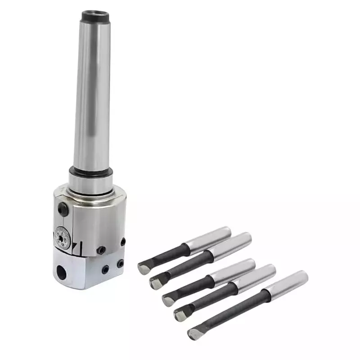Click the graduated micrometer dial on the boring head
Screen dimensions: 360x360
[62, 237]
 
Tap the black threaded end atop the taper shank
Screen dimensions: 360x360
[96, 16]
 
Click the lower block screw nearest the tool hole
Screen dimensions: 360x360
[105, 270]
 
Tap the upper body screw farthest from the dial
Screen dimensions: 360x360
[122, 242]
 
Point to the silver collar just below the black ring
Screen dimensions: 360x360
[90, 184]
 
